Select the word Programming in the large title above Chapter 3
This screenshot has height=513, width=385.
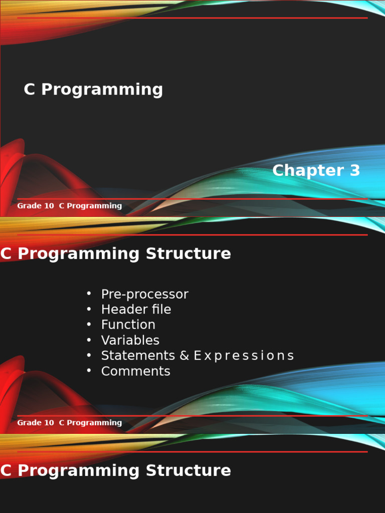coord(102,90)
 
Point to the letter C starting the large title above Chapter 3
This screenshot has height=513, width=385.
coord(30,90)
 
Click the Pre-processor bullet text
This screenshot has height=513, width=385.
coord(144,295)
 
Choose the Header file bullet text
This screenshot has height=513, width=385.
coord(136,310)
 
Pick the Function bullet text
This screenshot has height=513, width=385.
coord(128,325)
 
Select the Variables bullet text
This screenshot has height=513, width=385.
coord(130,340)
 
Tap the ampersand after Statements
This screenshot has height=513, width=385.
coord(184,356)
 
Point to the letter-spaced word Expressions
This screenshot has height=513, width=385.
coord(244,356)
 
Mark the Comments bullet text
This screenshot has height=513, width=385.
coord(135,371)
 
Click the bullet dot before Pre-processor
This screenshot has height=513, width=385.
coord(89,294)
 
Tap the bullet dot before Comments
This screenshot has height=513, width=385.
coord(89,371)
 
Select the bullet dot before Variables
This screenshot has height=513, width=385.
coord(89,340)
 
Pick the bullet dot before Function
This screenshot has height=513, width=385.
coord(89,324)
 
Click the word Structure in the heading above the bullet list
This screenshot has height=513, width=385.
coord(188,254)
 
